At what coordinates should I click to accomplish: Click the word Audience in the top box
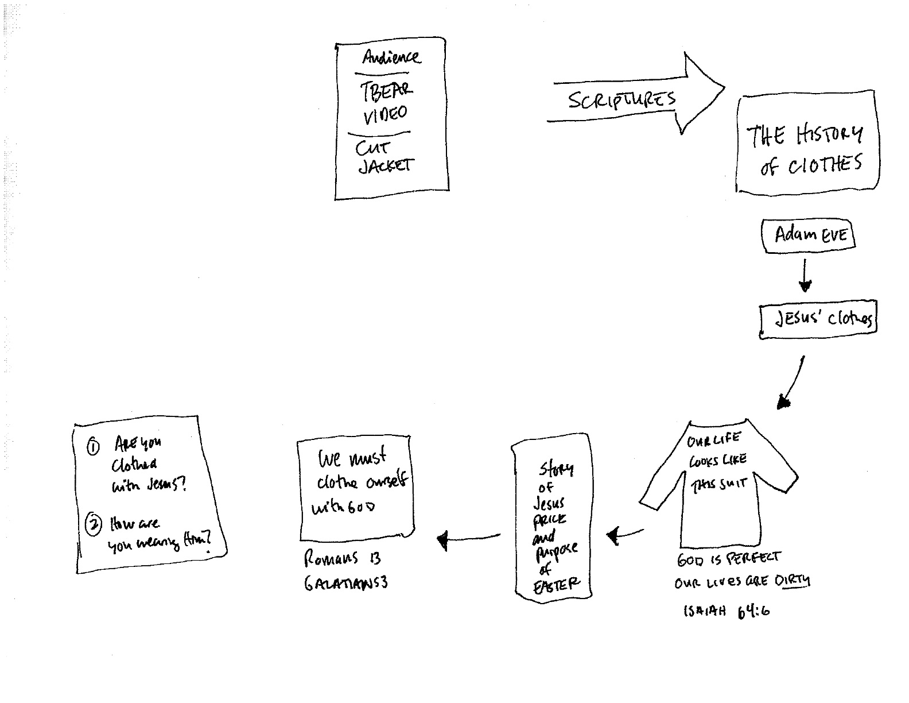click(x=391, y=57)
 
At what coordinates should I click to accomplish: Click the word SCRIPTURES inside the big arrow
click(x=622, y=101)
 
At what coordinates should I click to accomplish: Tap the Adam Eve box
click(x=809, y=235)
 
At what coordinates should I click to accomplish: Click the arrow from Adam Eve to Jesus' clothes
click(x=805, y=276)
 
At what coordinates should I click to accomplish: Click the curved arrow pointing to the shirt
click(x=792, y=382)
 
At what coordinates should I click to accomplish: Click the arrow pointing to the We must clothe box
click(x=468, y=539)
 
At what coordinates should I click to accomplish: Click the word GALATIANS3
click(x=345, y=583)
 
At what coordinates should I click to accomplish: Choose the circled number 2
click(x=93, y=524)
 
